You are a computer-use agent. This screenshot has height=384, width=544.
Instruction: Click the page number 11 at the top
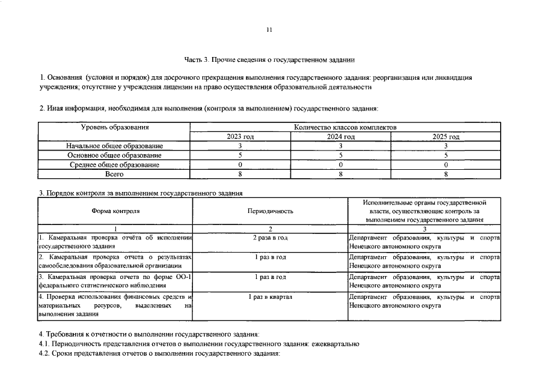pos(270,29)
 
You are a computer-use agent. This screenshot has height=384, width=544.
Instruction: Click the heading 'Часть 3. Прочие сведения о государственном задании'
pos(270,60)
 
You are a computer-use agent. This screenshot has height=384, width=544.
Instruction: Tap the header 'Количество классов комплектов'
pos(345,127)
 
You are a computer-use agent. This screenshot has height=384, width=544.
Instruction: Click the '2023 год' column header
pos(240,137)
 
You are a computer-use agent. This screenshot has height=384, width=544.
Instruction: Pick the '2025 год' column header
pos(446,137)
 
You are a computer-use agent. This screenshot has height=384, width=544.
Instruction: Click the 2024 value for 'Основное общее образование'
pos(340,155)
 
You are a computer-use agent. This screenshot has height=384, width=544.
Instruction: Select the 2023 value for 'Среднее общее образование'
pos(240,164)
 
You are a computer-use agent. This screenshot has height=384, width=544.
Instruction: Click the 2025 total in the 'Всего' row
pos(446,174)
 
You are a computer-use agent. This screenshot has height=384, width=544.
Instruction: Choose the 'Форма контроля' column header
pos(115,211)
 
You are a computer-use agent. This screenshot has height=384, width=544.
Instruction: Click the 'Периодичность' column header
pos(270,211)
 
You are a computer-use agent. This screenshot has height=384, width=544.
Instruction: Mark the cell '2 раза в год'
pos(270,238)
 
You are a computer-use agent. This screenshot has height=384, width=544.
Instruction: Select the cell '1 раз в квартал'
pos(270,297)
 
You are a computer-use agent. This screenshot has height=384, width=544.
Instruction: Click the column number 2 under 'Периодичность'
pos(270,229)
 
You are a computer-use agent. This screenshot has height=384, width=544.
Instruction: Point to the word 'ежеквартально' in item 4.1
pos(335,344)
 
